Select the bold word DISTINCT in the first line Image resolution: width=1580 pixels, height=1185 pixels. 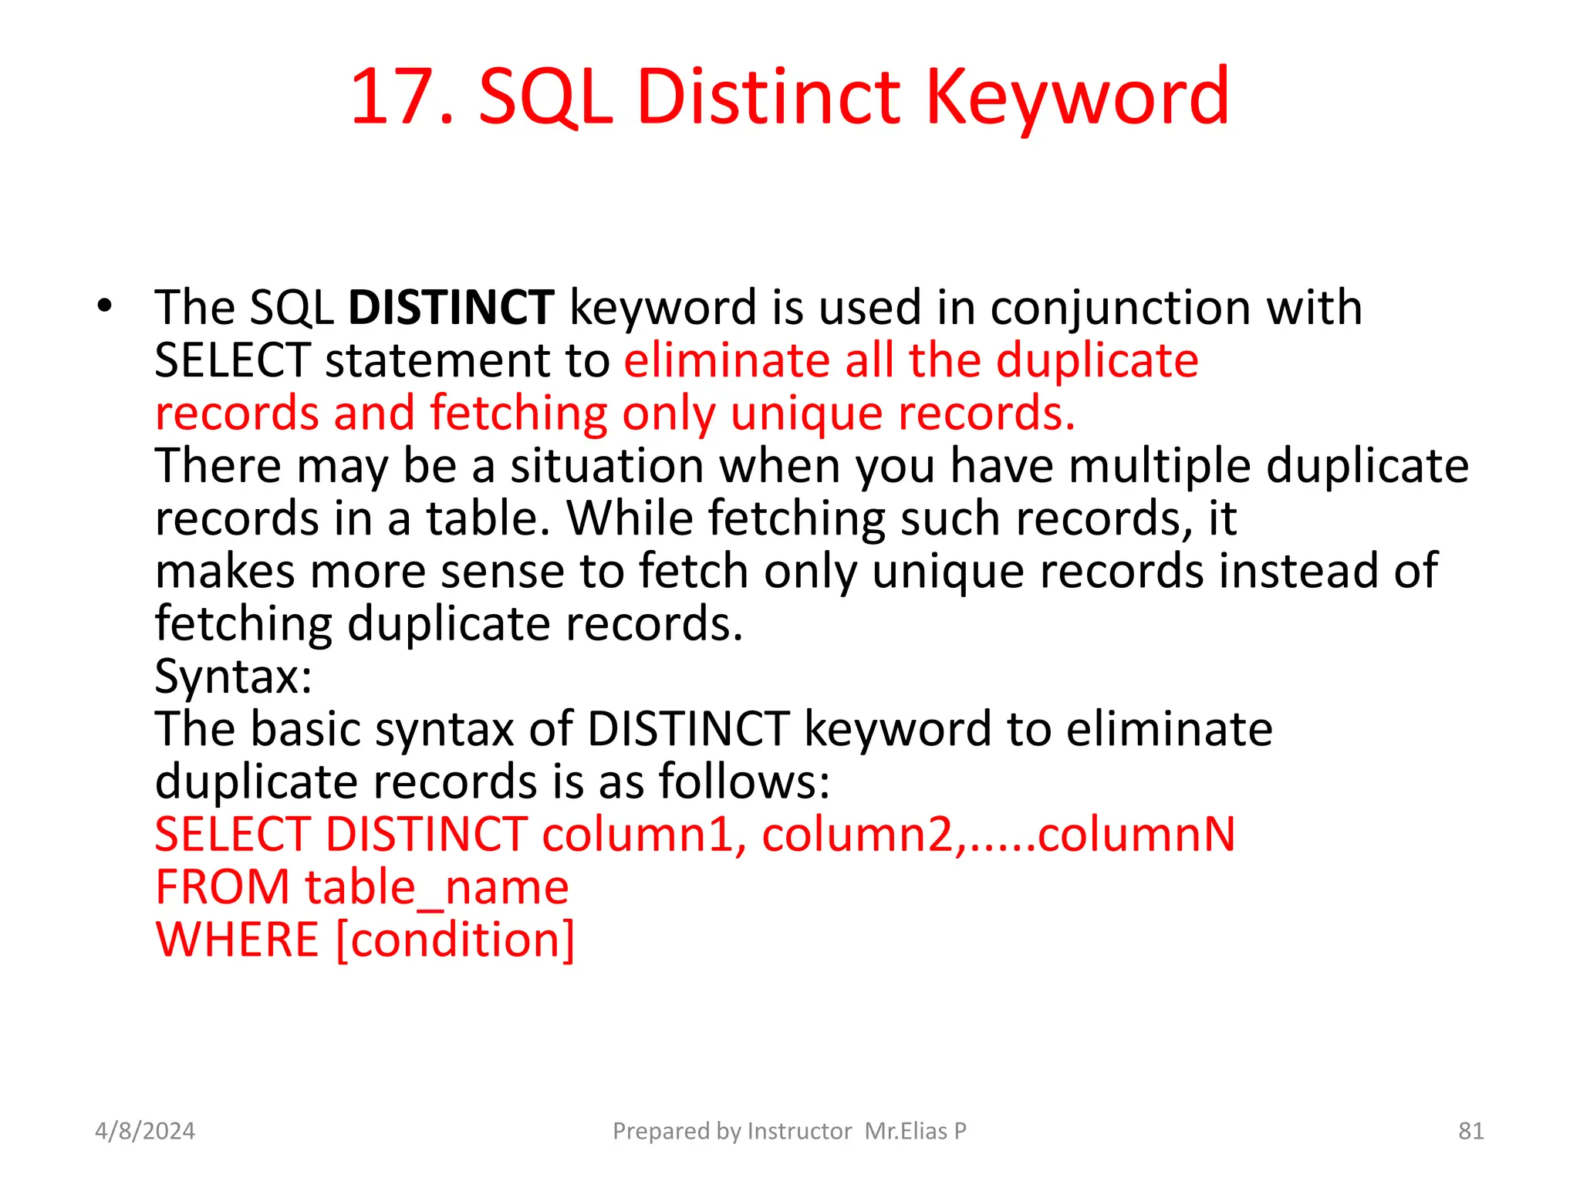[x=451, y=308]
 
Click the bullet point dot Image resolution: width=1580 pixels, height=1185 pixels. [x=105, y=306]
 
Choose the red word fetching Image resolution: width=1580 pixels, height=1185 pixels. [x=518, y=414]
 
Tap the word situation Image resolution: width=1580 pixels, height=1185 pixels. [x=606, y=466]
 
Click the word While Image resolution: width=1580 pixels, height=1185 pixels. [x=630, y=518]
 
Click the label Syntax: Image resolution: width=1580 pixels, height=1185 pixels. [x=233, y=677]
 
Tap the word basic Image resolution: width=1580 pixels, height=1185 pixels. [x=306, y=729]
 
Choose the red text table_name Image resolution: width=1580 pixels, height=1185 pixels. [x=437, y=887]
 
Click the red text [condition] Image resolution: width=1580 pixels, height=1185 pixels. [x=456, y=940]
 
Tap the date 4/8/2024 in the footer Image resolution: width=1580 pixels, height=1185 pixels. [x=145, y=1131]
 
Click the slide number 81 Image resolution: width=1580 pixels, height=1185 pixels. [x=1470, y=1131]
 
